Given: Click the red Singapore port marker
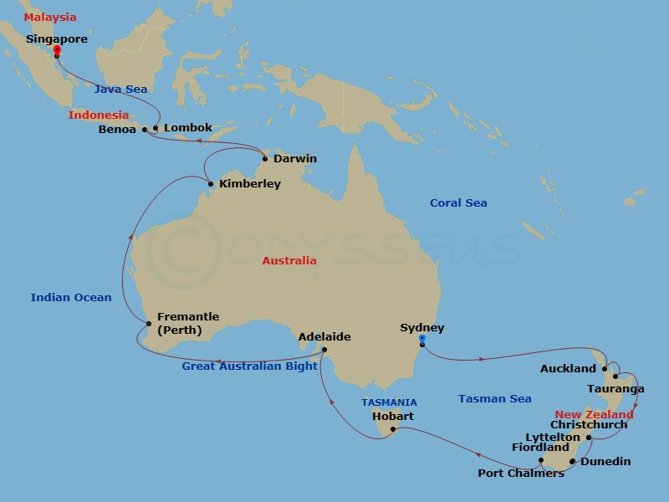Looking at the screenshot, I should click(x=56, y=52).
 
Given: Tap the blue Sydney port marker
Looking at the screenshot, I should click(x=422, y=341).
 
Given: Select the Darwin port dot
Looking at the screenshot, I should click(x=265, y=159).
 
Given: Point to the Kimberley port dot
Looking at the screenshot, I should click(x=210, y=184).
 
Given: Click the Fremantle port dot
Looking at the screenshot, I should click(x=148, y=324).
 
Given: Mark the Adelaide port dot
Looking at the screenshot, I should click(x=324, y=350).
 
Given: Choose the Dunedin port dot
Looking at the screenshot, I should click(x=572, y=461).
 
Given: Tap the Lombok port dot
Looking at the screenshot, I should click(x=156, y=128).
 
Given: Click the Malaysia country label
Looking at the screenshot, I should click(x=49, y=18).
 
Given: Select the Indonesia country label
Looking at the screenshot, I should click(x=99, y=115).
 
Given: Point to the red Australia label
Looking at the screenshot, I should click(x=289, y=260).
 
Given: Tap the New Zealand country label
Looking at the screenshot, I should click(x=595, y=414).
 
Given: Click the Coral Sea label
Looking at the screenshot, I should click(x=458, y=202).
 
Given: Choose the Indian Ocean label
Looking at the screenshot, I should click(x=71, y=297).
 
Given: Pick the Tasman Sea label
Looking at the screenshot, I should click(x=495, y=399).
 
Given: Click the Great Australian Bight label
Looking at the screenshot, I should click(x=250, y=366).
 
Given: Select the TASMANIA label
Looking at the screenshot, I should click(x=389, y=402).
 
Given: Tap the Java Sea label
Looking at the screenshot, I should click(x=120, y=88).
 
